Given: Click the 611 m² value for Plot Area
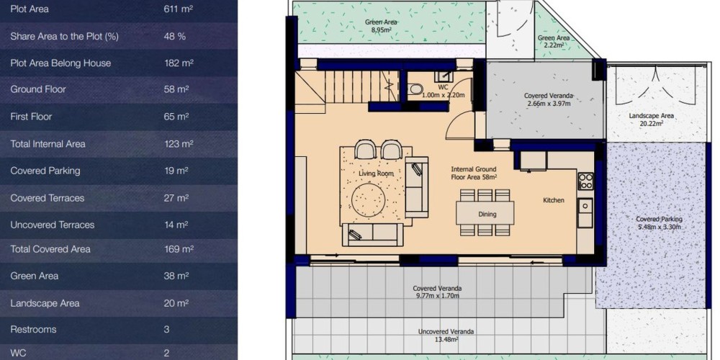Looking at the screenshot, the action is (178, 9).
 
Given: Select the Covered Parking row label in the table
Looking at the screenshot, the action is (45, 171).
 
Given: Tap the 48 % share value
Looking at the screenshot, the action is (174, 36).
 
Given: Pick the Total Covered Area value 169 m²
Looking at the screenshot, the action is (179, 249).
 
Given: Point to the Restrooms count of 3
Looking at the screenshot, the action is (167, 329).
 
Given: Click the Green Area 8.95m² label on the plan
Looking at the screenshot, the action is (381, 26).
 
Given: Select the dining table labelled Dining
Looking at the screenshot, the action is (485, 213).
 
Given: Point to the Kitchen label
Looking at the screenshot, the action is (554, 200).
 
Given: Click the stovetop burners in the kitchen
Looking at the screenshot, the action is (585, 181).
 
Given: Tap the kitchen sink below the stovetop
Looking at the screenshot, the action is (585, 212).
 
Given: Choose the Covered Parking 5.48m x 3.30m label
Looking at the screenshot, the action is (659, 223).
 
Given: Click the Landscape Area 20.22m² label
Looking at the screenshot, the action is (652, 120).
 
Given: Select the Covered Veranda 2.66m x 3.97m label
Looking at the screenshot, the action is (548, 99).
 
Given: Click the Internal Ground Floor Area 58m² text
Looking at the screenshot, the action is (474, 173).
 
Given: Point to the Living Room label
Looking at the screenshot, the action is (376, 174).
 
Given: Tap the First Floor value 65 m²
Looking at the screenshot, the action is (176, 117).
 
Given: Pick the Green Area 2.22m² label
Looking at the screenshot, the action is (553, 41).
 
